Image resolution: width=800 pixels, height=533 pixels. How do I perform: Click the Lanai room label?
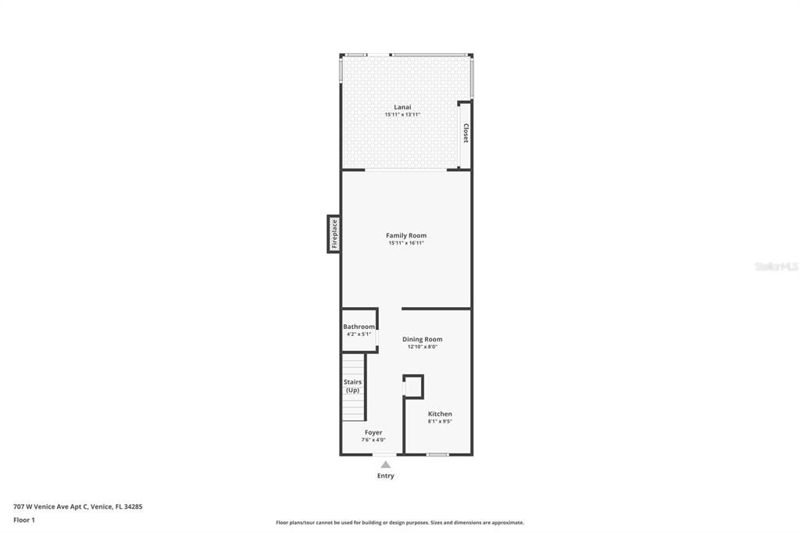pyautogui.click(x=402, y=107)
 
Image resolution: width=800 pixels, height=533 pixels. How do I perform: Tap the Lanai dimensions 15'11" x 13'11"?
pyautogui.click(x=402, y=115)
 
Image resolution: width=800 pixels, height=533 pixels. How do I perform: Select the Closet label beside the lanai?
pyautogui.click(x=466, y=133)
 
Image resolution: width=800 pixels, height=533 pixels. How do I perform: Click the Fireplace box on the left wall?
pyautogui.click(x=334, y=234)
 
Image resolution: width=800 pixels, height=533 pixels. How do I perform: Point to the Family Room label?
pyautogui.click(x=406, y=235)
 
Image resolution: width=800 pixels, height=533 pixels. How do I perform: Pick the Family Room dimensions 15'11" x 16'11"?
pyautogui.click(x=406, y=243)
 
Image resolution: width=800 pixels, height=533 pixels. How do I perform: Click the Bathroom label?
pyautogui.click(x=359, y=327)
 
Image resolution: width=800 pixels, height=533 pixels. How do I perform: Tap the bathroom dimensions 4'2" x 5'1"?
pyautogui.click(x=358, y=334)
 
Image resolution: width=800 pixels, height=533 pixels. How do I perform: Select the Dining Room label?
pyautogui.click(x=422, y=339)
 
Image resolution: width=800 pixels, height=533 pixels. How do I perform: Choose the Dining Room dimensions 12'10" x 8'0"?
pyautogui.click(x=422, y=347)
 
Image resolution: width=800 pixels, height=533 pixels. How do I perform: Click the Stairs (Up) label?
pyautogui.click(x=353, y=386)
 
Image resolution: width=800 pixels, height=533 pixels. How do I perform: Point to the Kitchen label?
pyautogui.click(x=440, y=413)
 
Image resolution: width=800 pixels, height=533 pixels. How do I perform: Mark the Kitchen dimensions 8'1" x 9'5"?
pyautogui.click(x=440, y=421)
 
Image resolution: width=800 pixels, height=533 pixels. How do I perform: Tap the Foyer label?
pyautogui.click(x=373, y=432)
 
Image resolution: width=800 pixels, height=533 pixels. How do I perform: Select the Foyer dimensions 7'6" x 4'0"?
pyautogui.click(x=373, y=440)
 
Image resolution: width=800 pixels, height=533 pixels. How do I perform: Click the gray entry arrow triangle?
pyautogui.click(x=385, y=465)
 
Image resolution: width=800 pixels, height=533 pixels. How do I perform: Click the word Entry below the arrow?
pyautogui.click(x=386, y=476)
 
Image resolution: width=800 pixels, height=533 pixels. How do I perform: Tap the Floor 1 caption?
pyautogui.click(x=24, y=520)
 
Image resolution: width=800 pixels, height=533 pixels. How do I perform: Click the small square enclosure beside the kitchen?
pyautogui.click(x=413, y=387)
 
